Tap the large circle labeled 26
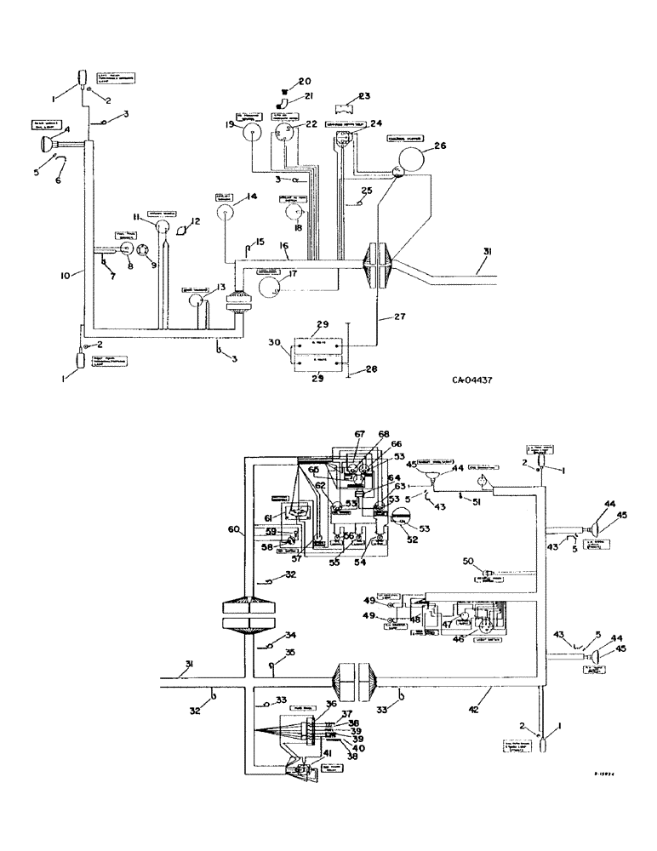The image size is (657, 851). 412,159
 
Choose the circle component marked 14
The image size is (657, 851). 225,215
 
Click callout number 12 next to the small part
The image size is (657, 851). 196,221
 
